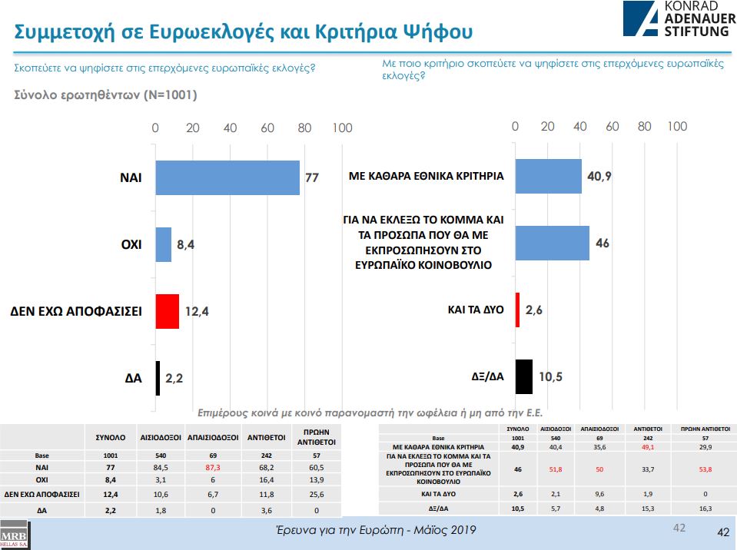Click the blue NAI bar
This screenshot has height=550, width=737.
227,177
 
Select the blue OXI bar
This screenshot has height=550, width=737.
164,244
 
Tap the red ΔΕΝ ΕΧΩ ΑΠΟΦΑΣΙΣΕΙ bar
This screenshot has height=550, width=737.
168,311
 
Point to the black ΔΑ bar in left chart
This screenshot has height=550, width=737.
158,378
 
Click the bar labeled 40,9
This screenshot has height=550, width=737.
548,176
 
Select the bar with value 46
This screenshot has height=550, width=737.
552,243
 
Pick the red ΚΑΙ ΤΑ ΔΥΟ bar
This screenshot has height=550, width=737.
517,310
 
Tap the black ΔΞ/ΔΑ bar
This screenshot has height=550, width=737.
523,376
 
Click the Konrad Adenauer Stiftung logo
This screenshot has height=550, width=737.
676,19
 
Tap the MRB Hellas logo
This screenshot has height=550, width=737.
13,535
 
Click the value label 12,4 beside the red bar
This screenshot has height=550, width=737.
195,311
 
